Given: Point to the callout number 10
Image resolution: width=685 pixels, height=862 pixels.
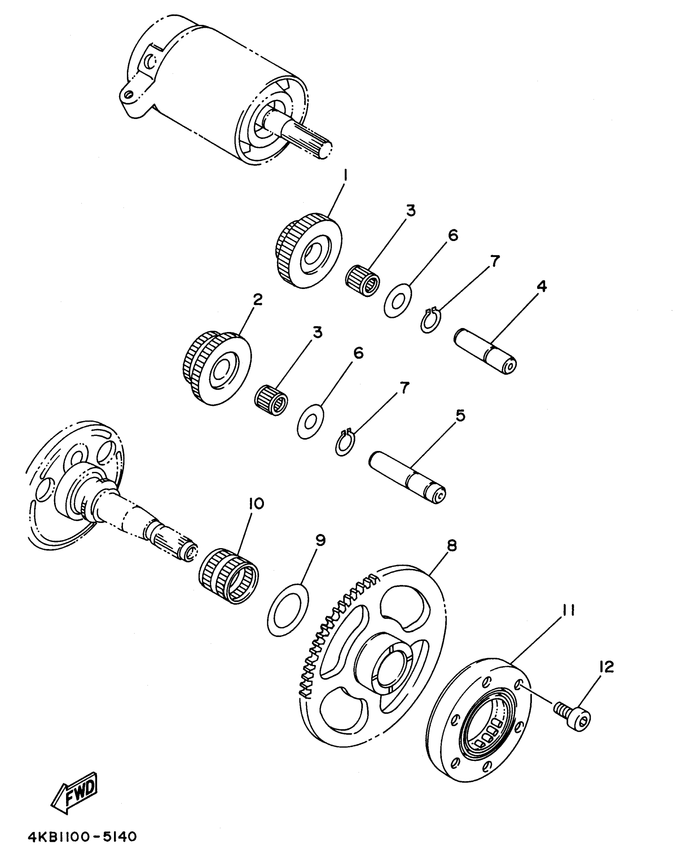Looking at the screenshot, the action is tap(256, 503).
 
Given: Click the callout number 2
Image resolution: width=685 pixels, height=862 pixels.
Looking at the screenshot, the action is tap(257, 299).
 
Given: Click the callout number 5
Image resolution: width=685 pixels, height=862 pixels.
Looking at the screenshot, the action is tap(460, 415).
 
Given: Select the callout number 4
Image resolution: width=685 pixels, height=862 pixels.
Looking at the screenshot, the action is tap(542, 287).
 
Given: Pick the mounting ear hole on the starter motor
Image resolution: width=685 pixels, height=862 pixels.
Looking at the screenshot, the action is tap(129, 95).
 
